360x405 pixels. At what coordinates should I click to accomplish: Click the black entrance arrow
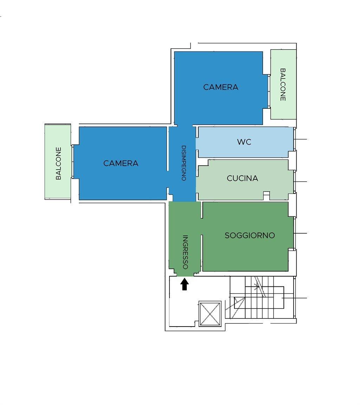(184, 284)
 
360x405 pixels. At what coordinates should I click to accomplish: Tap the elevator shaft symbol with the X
(210, 314)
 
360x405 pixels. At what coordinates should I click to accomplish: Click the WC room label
(244, 142)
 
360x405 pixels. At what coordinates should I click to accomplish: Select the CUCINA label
(242, 178)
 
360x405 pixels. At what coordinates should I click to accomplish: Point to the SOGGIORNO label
(250, 235)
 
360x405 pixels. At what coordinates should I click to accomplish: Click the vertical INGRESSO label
(185, 252)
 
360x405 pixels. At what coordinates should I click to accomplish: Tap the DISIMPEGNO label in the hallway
(184, 163)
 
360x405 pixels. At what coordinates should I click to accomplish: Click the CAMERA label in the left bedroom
(121, 163)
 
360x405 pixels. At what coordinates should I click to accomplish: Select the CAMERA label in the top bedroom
(221, 87)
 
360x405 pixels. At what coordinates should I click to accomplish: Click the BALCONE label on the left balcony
(59, 163)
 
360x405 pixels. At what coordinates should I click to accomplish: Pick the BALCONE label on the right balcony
(283, 84)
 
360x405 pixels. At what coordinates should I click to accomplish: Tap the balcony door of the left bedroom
(72, 162)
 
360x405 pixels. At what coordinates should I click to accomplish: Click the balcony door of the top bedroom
(269, 91)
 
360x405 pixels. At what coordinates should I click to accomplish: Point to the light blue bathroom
(245, 142)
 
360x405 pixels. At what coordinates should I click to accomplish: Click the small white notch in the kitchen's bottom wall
(266, 196)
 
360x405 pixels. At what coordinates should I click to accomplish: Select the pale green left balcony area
(58, 162)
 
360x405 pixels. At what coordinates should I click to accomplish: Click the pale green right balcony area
(283, 84)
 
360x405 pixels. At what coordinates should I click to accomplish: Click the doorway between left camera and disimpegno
(167, 179)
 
